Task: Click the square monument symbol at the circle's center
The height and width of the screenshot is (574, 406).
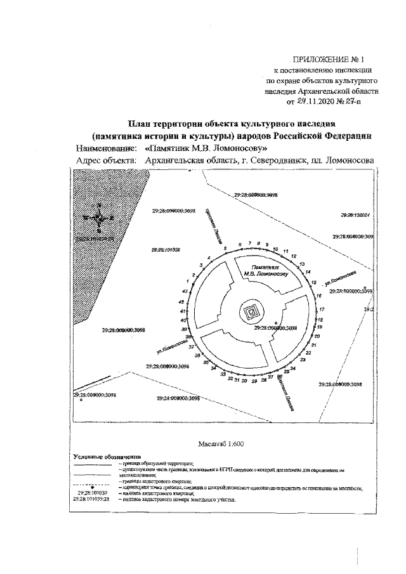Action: coord(252,311)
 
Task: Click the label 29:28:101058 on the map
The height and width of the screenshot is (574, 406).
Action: coord(166,250)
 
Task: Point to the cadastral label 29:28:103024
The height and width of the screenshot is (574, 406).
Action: coord(355,216)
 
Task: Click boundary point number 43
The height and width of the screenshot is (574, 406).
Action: coord(182,291)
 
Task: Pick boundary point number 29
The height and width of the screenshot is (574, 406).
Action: coord(254,381)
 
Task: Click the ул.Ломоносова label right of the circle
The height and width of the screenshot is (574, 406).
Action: coord(339,277)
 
